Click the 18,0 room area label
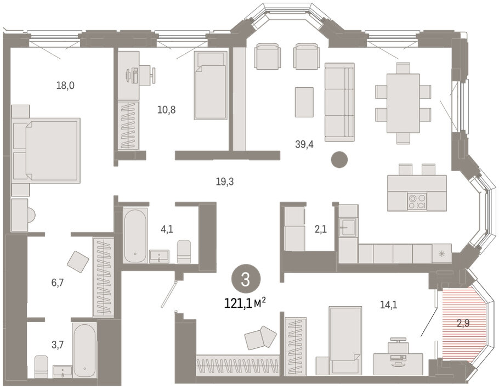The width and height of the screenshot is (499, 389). [x=65, y=86]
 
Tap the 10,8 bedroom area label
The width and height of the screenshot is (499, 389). [x=167, y=110]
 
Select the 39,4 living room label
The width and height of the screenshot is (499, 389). [x=304, y=144]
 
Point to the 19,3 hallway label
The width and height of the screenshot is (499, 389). [x=225, y=182]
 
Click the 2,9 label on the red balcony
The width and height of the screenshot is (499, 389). [x=463, y=324]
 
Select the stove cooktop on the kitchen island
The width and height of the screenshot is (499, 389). [x=417, y=201]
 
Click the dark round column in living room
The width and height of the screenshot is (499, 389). [x=339, y=159]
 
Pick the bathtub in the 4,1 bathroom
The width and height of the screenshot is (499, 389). [x=135, y=235]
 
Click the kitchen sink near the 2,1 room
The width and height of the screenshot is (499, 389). [x=348, y=227]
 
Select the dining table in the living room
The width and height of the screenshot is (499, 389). [x=403, y=103]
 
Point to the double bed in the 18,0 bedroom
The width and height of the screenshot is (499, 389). [x=46, y=150]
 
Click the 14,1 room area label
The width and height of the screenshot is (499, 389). [x=389, y=305]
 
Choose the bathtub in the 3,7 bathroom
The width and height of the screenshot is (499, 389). [x=84, y=350]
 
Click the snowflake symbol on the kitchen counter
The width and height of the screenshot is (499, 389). [x=441, y=253]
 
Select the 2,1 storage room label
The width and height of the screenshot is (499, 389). [x=320, y=229]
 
